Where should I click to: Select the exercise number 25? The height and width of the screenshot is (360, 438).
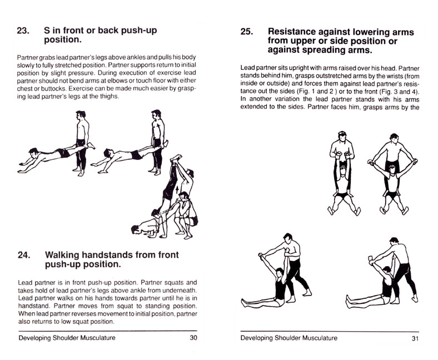click(x=248, y=32)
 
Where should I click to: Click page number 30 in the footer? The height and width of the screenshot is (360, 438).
click(x=193, y=337)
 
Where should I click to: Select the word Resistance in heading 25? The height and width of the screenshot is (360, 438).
click(x=298, y=32)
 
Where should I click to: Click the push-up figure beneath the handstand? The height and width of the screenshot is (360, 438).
click(x=146, y=227)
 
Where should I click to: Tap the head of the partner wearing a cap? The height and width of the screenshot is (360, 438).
click(x=341, y=135)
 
